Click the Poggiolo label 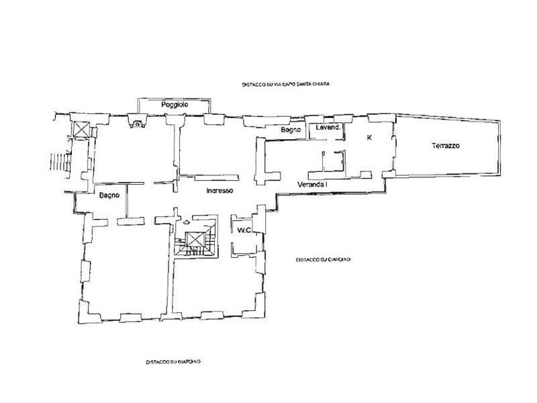[x=173, y=106]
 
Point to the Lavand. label [x=330, y=127]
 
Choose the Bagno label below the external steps [x=109, y=196]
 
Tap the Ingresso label [x=219, y=191]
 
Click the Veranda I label [x=311, y=184]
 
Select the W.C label [x=244, y=230]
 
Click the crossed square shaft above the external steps [x=81, y=130]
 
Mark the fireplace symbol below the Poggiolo [x=137, y=123]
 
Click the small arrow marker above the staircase [x=186, y=222]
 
